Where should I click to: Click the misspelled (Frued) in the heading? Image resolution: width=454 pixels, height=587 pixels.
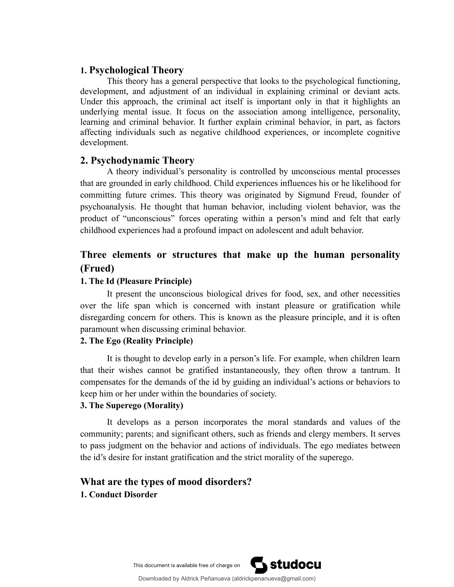coord(97,268)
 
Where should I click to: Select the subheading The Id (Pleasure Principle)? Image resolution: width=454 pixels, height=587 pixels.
coord(136,281)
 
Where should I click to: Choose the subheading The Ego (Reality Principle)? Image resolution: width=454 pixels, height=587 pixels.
coord(137,341)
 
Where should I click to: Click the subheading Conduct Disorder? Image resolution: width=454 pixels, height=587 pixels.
coord(119,495)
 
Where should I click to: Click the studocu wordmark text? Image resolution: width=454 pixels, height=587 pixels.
coord(295,565)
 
